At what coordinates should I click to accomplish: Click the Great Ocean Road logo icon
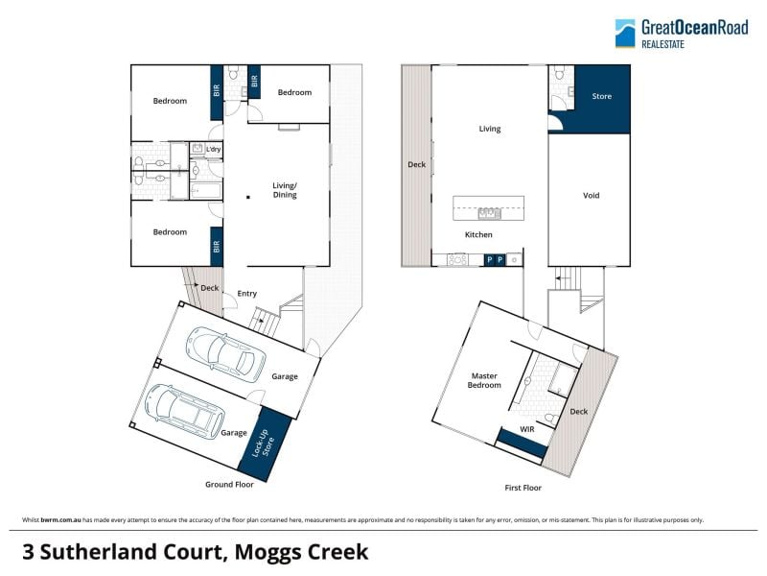tap(625, 34)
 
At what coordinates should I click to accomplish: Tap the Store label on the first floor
tap(602, 97)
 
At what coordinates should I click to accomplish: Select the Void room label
tap(591, 196)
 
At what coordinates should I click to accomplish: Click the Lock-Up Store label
tap(263, 444)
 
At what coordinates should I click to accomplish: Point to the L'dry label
tap(213, 150)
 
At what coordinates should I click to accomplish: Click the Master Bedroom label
tap(484, 380)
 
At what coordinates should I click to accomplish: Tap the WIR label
tap(526, 429)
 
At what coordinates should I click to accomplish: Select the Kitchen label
tap(478, 234)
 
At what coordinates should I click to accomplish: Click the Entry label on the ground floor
tap(247, 294)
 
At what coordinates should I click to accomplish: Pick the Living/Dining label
tap(285, 190)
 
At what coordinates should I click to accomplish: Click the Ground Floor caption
tap(229, 485)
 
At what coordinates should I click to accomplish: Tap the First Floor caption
tap(523, 488)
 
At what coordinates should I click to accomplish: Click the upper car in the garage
tap(225, 354)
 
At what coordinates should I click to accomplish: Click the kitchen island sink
tap(489, 213)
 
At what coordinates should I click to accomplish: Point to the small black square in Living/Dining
tap(248, 198)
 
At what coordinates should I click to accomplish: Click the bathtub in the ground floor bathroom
tap(206, 191)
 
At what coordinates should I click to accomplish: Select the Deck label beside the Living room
tap(417, 164)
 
